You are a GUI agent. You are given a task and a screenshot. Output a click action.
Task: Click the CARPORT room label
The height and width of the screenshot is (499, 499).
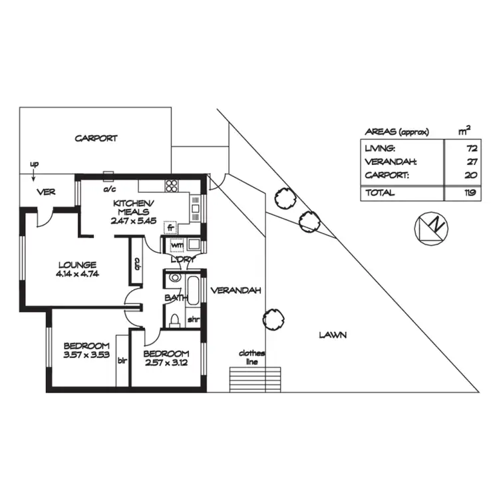tap(96, 138)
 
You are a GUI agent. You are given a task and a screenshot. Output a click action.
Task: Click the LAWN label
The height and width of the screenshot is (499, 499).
tap(332, 335)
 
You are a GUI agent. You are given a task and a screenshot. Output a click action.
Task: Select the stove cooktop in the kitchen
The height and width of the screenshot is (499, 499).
tap(171, 186)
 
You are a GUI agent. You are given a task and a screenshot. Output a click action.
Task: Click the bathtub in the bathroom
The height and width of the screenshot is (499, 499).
tap(192, 289)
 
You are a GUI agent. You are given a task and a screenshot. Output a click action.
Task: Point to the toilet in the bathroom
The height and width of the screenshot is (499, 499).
tap(174, 322)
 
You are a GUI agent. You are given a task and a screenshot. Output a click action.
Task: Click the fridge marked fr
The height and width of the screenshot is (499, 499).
tap(170, 227)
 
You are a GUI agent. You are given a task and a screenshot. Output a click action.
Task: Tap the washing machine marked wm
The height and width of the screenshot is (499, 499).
tap(176, 244)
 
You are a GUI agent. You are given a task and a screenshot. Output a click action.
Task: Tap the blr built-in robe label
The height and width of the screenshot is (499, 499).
tap(122, 361)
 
